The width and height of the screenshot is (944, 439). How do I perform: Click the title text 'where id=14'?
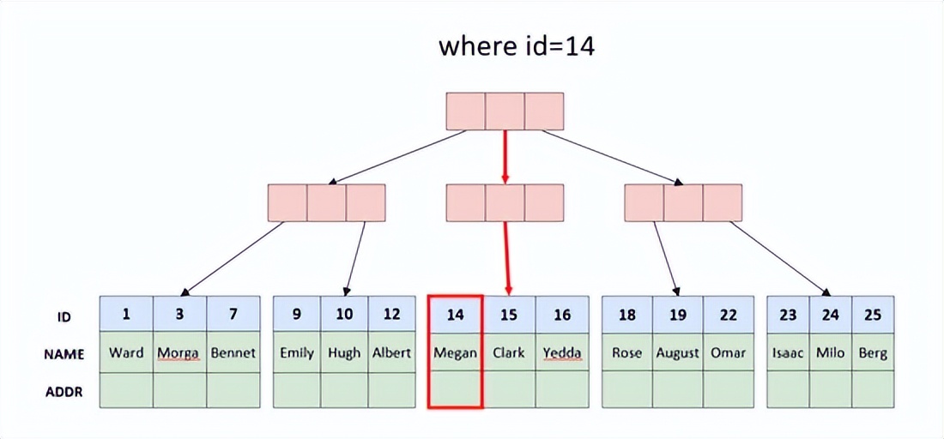click(517, 46)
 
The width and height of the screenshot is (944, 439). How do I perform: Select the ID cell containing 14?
click(455, 315)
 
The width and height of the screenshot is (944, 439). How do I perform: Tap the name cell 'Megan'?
click(455, 352)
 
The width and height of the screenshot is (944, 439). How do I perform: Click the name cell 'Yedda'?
click(562, 352)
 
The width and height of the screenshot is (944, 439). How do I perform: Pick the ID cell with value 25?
click(873, 315)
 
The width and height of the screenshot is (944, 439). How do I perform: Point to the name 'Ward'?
click(126, 352)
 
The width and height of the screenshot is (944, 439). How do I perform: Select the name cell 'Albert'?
click(391, 352)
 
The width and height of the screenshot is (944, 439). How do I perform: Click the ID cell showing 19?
click(678, 315)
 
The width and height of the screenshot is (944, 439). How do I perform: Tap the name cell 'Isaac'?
click(788, 352)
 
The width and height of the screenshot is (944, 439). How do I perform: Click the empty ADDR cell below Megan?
click(455, 389)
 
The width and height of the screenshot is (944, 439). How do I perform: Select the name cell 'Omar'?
click(728, 352)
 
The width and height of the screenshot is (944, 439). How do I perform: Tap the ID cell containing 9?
click(297, 315)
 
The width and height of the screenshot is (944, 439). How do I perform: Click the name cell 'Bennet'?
click(233, 352)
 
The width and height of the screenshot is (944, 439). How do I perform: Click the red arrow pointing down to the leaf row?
click(508, 257)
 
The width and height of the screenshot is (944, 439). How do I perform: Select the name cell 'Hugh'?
click(344, 352)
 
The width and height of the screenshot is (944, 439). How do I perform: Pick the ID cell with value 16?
click(562, 315)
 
